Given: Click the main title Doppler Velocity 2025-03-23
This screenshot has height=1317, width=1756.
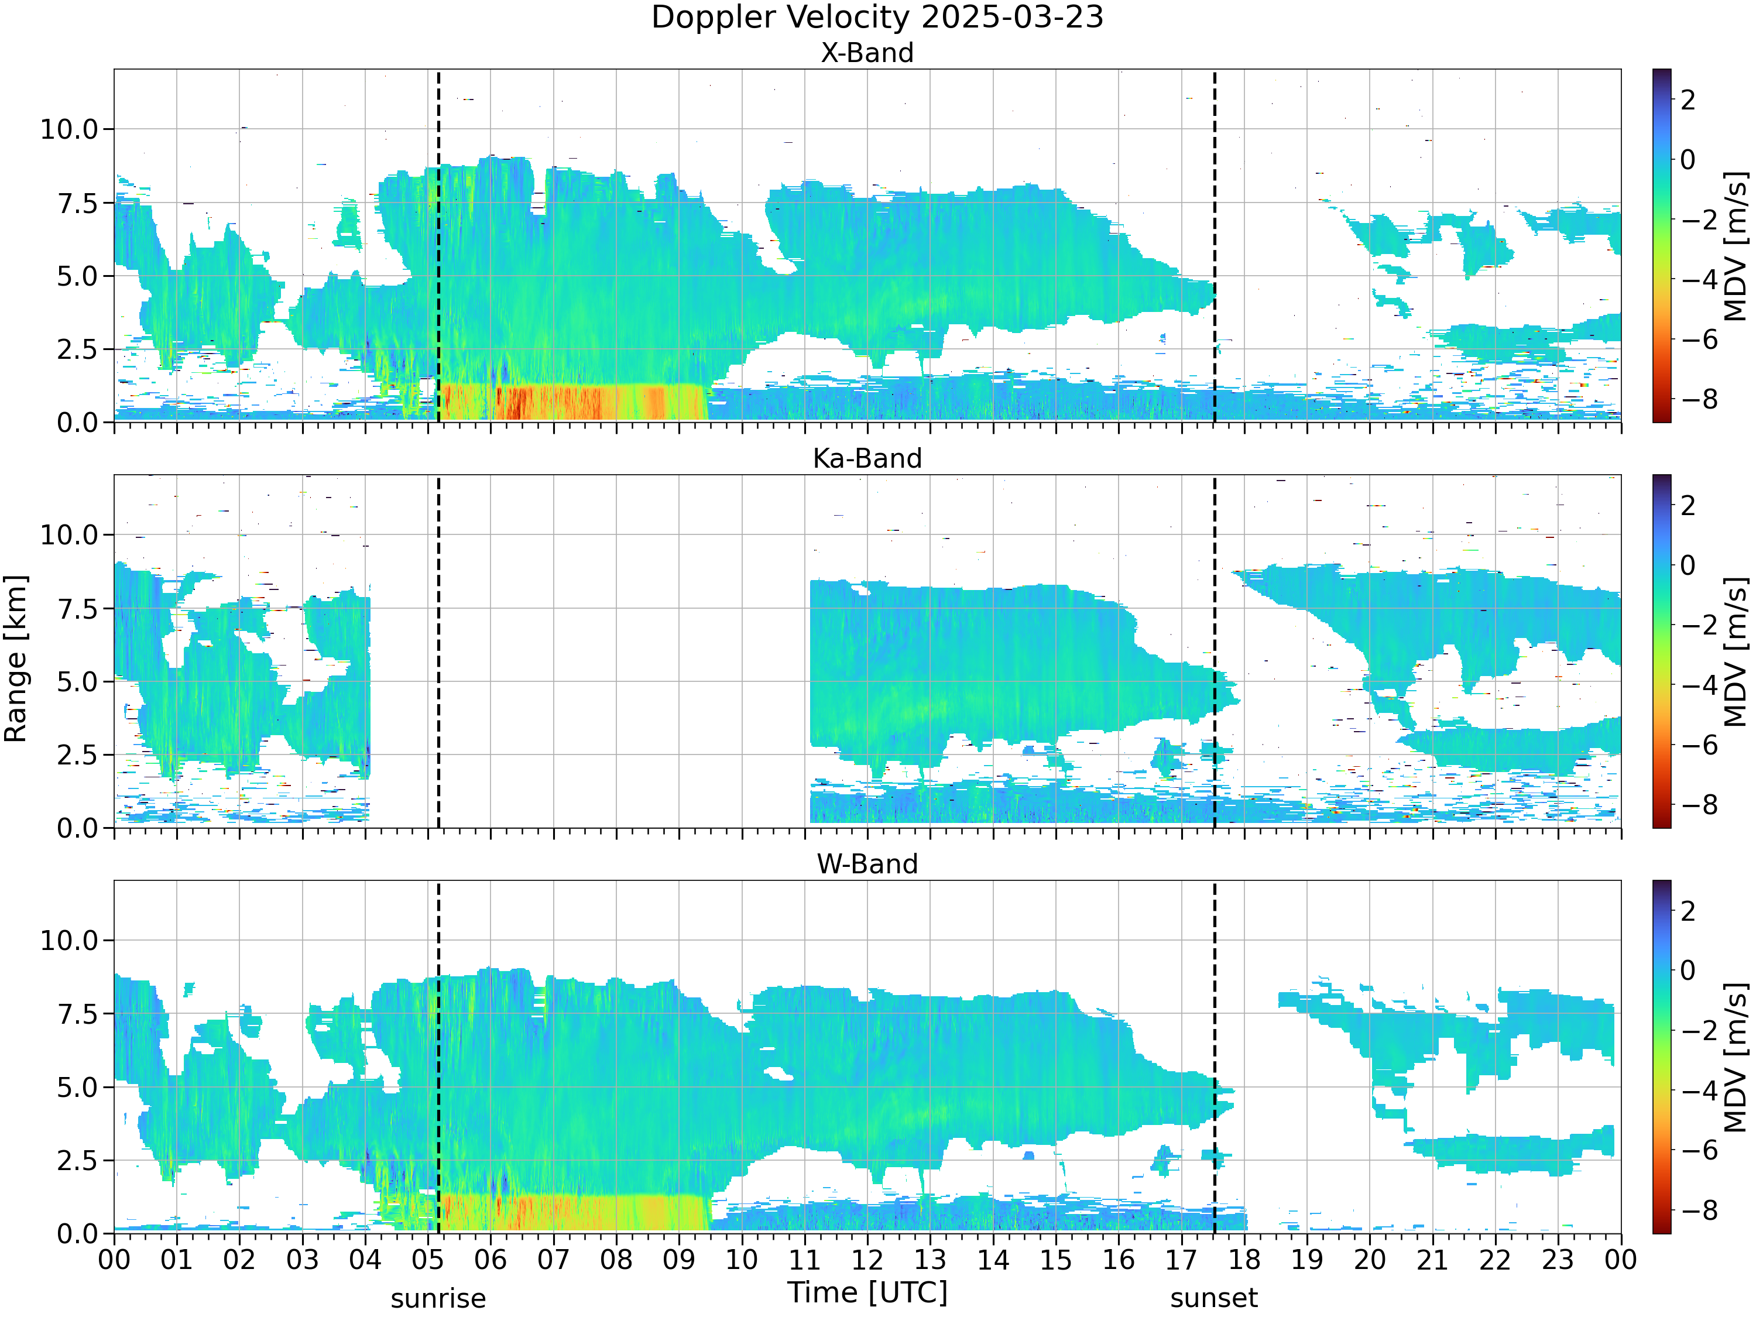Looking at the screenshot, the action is tap(877, 18).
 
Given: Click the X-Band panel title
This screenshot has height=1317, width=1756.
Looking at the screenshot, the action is tap(867, 53).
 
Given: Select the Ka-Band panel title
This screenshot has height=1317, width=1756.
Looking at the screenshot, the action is tap(867, 459).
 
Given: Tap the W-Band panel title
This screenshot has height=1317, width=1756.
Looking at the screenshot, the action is tap(867, 865).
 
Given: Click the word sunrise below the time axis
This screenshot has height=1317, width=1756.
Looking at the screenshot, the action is tap(438, 1299).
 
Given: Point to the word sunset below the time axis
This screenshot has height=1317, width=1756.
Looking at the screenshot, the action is tap(1214, 1299).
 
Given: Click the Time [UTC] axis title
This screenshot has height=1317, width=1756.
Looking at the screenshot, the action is tap(867, 1293).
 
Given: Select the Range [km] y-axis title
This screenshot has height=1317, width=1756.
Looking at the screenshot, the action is tap(16, 659).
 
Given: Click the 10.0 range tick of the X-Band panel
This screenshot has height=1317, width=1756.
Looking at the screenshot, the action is tap(69, 129).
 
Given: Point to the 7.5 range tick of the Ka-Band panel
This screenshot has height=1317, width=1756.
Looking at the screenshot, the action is tap(77, 609).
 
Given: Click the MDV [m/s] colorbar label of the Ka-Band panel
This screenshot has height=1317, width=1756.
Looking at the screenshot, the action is tap(1736, 651).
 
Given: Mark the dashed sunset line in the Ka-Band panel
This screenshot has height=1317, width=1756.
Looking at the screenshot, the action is tap(1215, 651).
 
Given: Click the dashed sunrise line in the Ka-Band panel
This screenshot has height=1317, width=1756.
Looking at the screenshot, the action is tap(438, 651).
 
